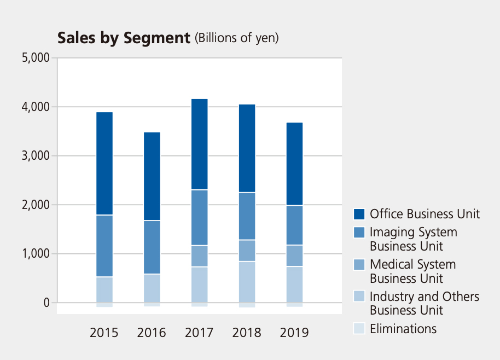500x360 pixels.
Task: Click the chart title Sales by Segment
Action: [x=124, y=38]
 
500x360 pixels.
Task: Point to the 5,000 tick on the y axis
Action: [x=35, y=57]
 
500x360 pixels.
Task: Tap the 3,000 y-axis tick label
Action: [x=35, y=156]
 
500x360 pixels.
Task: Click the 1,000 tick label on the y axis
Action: [x=35, y=254]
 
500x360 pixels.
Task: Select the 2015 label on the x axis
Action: [x=104, y=333]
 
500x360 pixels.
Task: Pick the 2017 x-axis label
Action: [x=199, y=333]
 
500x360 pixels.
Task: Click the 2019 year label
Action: [x=294, y=333]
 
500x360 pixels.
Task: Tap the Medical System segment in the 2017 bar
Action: [x=199, y=256]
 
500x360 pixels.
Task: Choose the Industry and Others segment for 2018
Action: [x=247, y=282]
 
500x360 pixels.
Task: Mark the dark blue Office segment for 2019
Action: [x=294, y=164]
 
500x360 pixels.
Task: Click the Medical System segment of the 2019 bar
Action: [x=294, y=256]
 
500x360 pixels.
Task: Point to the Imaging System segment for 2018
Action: [x=247, y=216]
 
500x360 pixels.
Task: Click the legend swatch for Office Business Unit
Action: [x=359, y=214]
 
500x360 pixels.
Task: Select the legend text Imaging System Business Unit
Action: [x=413, y=239]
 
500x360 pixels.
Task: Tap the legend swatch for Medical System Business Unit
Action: [x=359, y=265]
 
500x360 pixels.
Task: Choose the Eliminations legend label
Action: [x=403, y=329]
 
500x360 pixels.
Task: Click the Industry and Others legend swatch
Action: [x=359, y=297]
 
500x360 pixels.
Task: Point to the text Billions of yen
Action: [x=237, y=38]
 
